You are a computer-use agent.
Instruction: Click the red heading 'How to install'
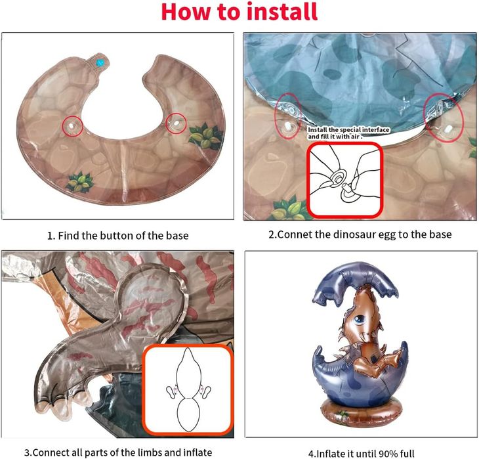tap(239, 12)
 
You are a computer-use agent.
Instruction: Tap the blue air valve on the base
tap(99, 63)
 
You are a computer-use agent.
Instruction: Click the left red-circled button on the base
tap(72, 125)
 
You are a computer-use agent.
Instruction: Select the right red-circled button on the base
tap(176, 123)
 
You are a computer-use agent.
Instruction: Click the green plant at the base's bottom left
tap(80, 183)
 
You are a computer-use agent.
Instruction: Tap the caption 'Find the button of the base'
tap(123, 236)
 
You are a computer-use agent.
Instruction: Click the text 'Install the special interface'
tap(348, 130)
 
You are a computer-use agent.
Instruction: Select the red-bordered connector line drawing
tap(345, 180)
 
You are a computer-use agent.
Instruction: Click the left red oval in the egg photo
tap(288, 116)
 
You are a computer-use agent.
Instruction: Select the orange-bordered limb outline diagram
tap(188, 390)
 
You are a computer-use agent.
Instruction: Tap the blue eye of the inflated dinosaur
tap(360, 320)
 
